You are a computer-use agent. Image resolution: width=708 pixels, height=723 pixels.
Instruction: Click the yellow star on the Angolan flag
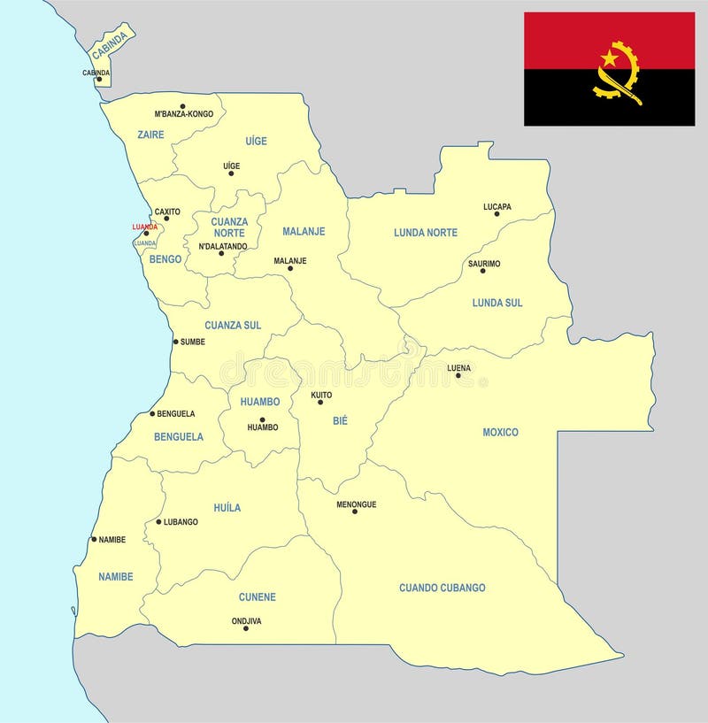[x=610, y=58]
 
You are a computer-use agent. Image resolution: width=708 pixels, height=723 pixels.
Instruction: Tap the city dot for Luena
[x=458, y=376]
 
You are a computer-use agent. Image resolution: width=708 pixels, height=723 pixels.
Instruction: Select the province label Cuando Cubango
[x=442, y=588]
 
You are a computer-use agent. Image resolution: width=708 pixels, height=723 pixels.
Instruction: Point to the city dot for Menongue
[x=355, y=511]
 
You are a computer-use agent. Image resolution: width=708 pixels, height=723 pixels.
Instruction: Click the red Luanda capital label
[x=144, y=227]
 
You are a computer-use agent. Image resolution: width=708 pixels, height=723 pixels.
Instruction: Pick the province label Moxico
[x=500, y=433]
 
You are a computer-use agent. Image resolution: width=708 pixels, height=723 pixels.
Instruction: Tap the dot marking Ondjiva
[x=246, y=628]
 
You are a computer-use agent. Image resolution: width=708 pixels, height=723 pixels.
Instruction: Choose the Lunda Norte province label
[x=426, y=233]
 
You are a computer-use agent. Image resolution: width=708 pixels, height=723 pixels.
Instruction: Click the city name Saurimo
[x=484, y=264]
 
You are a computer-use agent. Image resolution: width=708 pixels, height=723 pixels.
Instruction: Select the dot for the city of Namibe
[x=94, y=539]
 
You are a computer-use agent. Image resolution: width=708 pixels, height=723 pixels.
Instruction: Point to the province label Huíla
[x=227, y=508]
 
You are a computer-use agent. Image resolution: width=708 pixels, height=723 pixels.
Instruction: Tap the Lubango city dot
[x=158, y=522]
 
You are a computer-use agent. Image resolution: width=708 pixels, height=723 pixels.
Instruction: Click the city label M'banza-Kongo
[x=183, y=114]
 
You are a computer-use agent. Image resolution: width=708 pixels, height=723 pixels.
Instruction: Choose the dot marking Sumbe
[x=175, y=342]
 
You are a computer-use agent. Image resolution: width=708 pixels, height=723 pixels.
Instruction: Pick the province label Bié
[x=341, y=421]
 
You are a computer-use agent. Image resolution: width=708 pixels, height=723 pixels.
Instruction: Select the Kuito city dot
[x=320, y=403]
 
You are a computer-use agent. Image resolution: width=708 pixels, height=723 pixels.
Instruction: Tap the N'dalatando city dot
[x=221, y=254]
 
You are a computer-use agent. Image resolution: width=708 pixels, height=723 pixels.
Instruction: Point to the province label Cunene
[x=257, y=597]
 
